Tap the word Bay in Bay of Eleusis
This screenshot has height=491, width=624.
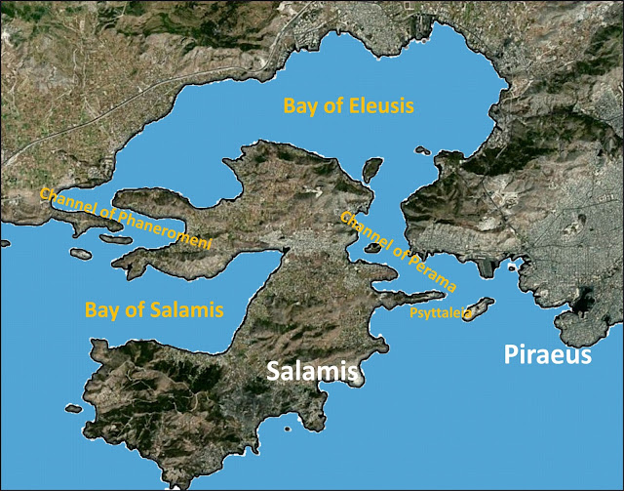[299, 105]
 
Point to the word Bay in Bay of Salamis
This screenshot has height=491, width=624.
[102, 311]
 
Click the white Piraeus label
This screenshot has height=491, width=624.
[547, 354]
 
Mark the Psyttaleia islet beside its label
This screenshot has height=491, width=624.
[480, 307]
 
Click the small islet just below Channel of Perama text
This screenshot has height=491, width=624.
[371, 247]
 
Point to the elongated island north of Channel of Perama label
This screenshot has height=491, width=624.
[370, 170]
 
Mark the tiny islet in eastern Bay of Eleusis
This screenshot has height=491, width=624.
[422, 150]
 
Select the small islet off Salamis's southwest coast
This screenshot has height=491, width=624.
[71, 409]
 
